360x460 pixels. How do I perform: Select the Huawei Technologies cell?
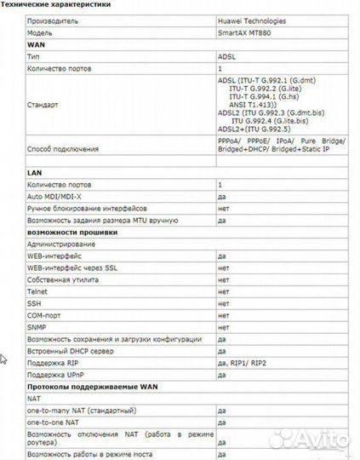[252, 20]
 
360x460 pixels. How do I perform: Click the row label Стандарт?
[43, 105]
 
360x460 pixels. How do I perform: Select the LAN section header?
[35, 172]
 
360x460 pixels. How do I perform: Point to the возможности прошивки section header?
[72, 232]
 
